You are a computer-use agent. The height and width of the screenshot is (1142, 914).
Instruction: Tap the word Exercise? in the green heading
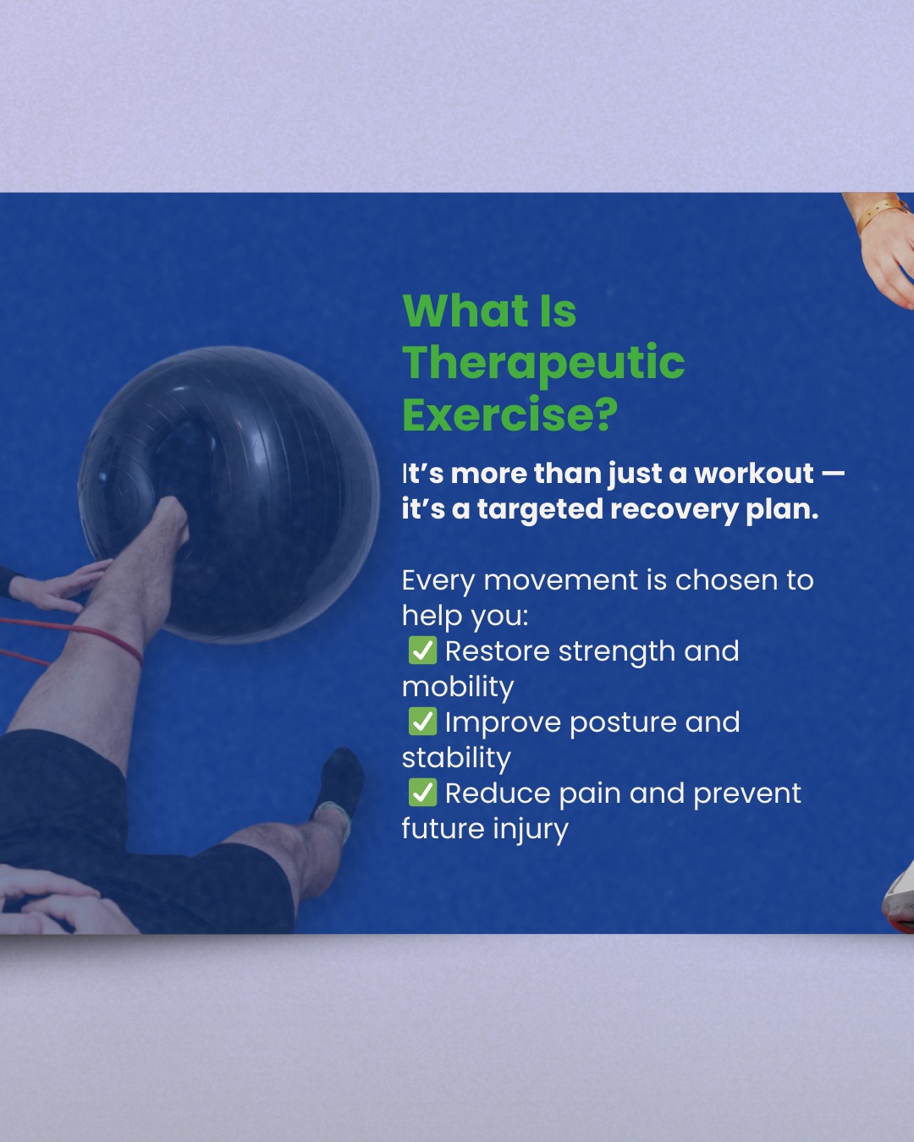click(x=509, y=415)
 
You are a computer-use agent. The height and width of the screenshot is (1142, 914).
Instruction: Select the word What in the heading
click(x=465, y=310)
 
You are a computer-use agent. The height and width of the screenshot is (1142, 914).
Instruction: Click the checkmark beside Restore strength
click(x=423, y=650)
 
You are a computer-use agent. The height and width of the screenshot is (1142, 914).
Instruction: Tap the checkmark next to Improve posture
click(x=423, y=722)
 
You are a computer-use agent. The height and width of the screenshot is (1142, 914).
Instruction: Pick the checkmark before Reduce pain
click(x=423, y=793)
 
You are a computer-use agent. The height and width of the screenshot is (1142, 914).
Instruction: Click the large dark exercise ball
click(x=229, y=494)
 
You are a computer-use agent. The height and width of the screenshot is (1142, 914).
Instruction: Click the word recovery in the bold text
click(x=674, y=509)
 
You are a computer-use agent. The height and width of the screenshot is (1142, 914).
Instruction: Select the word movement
click(x=560, y=580)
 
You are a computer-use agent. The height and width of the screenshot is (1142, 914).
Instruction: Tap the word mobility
click(x=458, y=687)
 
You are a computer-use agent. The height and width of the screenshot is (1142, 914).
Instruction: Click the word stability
click(x=456, y=758)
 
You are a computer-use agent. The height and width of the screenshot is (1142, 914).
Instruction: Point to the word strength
click(x=617, y=651)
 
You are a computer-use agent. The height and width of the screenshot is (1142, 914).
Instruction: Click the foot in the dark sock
click(x=339, y=784)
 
